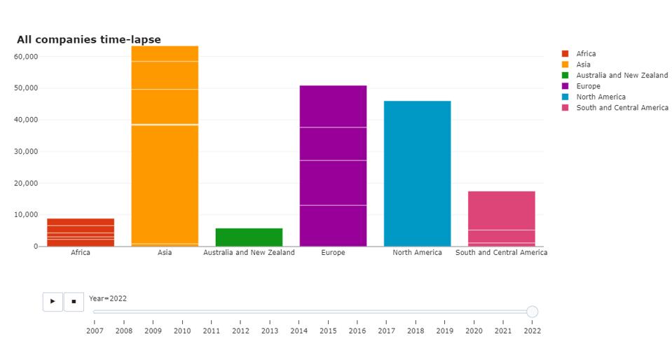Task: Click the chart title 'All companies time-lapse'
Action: [x=88, y=40]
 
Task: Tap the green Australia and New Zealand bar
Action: [x=249, y=237]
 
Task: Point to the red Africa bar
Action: [x=81, y=233]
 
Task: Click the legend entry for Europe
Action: [x=588, y=86]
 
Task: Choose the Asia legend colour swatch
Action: [x=565, y=64]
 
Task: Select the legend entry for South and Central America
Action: [x=622, y=108]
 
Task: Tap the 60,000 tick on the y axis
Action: [x=25, y=57]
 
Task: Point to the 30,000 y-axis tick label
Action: [x=25, y=151]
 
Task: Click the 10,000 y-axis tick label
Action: [x=25, y=215]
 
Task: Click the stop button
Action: [x=74, y=302]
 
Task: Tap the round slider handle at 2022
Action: [x=532, y=312]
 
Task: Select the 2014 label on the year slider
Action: [x=299, y=331]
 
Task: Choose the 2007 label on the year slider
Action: [x=95, y=331]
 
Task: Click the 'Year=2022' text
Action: [x=108, y=298]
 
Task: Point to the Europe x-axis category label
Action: [x=333, y=253]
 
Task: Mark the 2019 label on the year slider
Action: [x=444, y=331]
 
